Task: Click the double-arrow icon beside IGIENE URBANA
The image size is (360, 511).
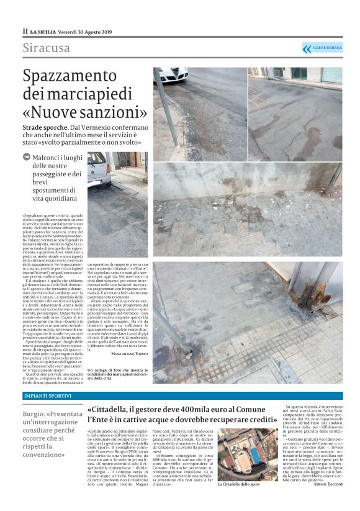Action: click(x=307, y=48)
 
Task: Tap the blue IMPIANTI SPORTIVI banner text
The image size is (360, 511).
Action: click(x=44, y=396)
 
